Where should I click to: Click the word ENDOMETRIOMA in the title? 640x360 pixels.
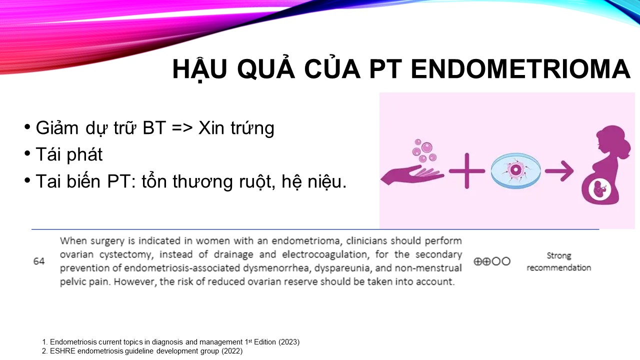(x=520, y=69)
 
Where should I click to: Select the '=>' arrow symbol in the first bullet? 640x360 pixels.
(x=182, y=128)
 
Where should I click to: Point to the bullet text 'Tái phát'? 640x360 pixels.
(x=69, y=154)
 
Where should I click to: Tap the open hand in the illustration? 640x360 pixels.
(x=412, y=175)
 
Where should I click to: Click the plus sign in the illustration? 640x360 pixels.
(x=467, y=171)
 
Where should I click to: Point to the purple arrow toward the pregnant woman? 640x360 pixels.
(x=559, y=171)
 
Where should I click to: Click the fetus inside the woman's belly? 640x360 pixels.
(x=599, y=190)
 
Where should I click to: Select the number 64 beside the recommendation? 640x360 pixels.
(x=39, y=261)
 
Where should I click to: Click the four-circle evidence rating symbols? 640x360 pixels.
(x=491, y=261)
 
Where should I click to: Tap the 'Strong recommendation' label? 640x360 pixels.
(x=559, y=261)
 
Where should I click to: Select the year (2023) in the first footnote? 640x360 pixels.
(x=289, y=342)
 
